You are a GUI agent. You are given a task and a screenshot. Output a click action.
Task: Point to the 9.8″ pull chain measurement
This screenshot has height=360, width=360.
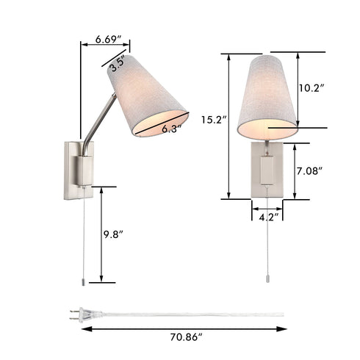click(114, 234)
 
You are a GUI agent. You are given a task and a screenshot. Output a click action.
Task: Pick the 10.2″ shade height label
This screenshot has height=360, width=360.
click(312, 87)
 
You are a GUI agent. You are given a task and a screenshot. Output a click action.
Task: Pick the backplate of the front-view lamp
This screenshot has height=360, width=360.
click(265, 168)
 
